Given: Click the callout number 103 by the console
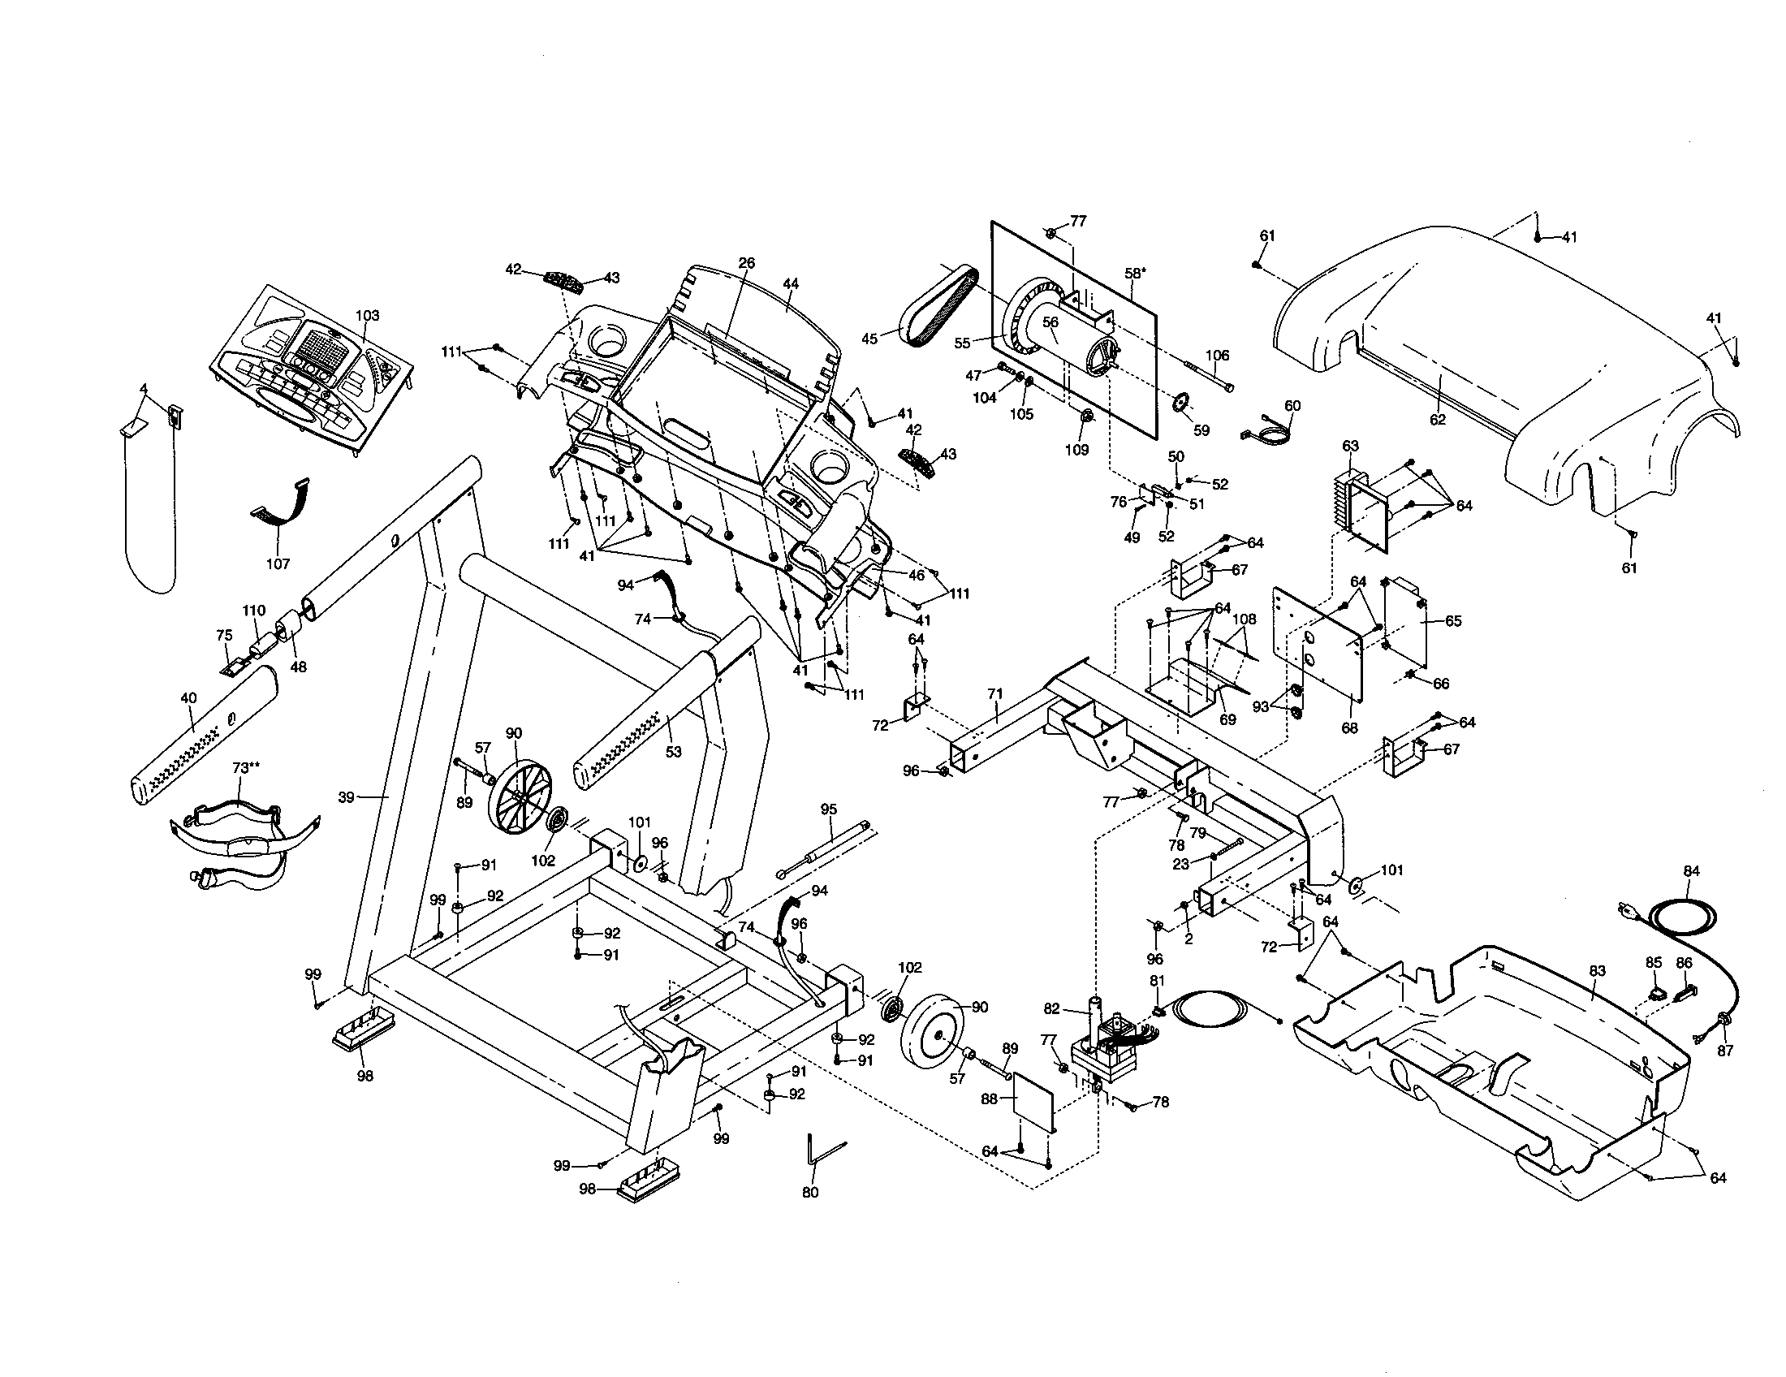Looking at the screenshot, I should [x=367, y=315].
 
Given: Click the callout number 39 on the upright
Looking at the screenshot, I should [x=347, y=796].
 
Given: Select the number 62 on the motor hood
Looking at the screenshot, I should [x=1438, y=420].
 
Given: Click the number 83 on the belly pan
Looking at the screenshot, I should [x=1596, y=970].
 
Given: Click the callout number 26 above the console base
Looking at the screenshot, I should [x=746, y=262].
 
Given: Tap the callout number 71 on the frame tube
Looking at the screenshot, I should [x=994, y=694].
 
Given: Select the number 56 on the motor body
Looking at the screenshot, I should [x=1050, y=322].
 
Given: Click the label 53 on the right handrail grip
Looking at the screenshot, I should [x=673, y=752].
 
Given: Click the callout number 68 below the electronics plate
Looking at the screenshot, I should [x=1349, y=727].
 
